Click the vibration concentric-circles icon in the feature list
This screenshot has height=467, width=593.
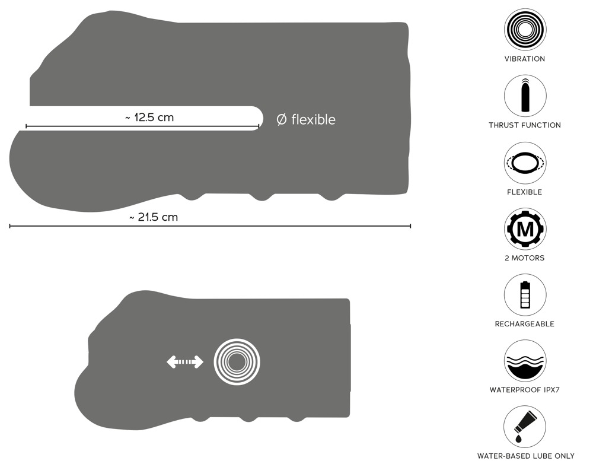tap(525, 30)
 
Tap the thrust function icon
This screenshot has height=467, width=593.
tap(525, 96)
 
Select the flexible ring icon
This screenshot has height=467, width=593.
tap(525, 163)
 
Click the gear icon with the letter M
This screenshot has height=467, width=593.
tap(525, 228)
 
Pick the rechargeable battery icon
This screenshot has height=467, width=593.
tap(525, 295)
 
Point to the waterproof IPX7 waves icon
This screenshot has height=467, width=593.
tap(525, 361)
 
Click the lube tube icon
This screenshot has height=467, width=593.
tap(525, 427)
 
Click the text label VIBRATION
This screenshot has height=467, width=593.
tap(525, 59)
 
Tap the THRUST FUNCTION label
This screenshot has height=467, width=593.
tap(525, 125)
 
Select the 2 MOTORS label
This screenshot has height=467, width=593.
tap(525, 258)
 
